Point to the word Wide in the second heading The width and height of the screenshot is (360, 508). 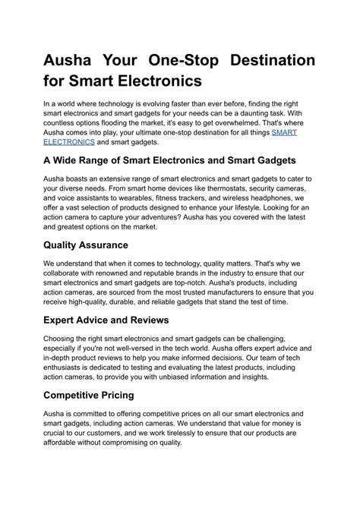[x=73, y=160]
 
